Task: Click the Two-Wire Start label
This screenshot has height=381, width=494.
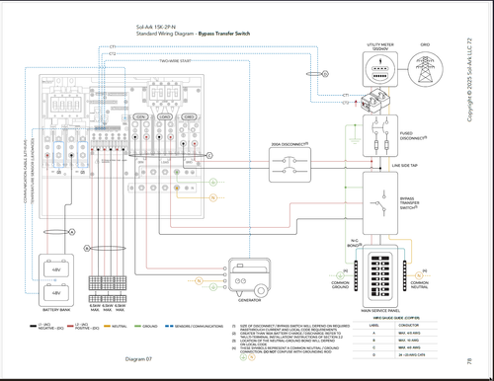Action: click(x=177, y=60)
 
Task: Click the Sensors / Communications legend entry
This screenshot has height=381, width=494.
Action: click(x=197, y=324)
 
